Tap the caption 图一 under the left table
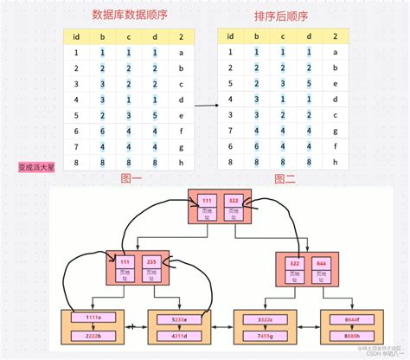130,178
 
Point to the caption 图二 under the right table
285,178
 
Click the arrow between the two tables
205,106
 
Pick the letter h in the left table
181,161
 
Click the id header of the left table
76,36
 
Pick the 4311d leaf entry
179,334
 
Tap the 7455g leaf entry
266,334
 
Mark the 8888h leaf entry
351,334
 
